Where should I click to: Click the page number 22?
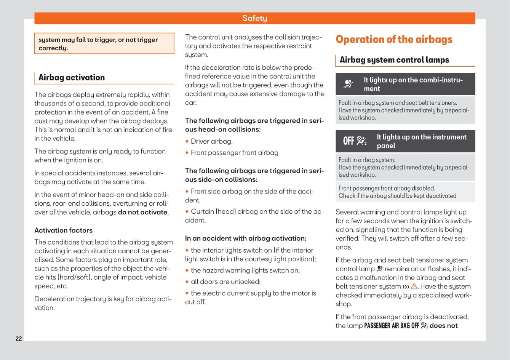[19, 339]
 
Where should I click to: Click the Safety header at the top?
[254, 18]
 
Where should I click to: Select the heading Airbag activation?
[72, 77]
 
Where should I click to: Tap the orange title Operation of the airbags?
[394, 39]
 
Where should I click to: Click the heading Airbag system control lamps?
[394, 60]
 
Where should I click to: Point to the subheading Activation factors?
[63, 230]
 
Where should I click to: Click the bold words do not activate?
[143, 212]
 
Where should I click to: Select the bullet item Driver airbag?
[211, 141]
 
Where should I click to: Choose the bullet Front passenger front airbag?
[234, 153]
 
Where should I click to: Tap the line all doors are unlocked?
[225, 282]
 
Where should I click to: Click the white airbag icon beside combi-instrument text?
[348, 84]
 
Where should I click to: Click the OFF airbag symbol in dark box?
[355, 141]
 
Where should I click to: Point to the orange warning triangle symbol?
[414, 286]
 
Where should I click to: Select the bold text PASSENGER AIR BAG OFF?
[392, 326]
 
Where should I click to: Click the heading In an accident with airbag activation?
[246, 238]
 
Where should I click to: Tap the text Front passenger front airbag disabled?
[387, 188]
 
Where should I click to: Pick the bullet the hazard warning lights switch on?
[245, 270]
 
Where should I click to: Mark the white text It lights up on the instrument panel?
[421, 141]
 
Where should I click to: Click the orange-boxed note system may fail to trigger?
[98, 44]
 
